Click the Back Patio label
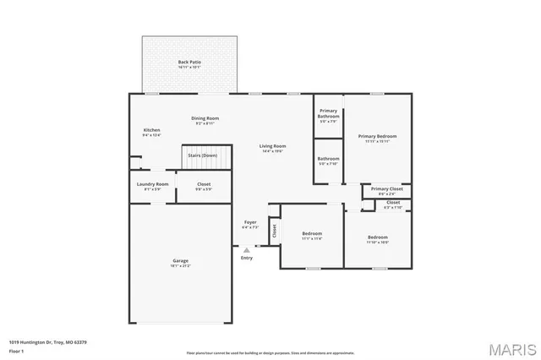point(189,63)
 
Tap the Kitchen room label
point(151,129)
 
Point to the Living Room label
point(272,146)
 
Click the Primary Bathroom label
point(328,113)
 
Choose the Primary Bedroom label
point(377,136)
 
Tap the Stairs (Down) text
point(202,155)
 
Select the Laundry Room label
point(152,184)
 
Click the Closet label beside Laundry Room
point(204,184)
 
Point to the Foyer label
point(250,223)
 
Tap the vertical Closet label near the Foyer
point(274,229)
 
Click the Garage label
point(181,260)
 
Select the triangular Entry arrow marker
point(247,249)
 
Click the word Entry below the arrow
point(247,258)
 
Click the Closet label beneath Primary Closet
point(393,203)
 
